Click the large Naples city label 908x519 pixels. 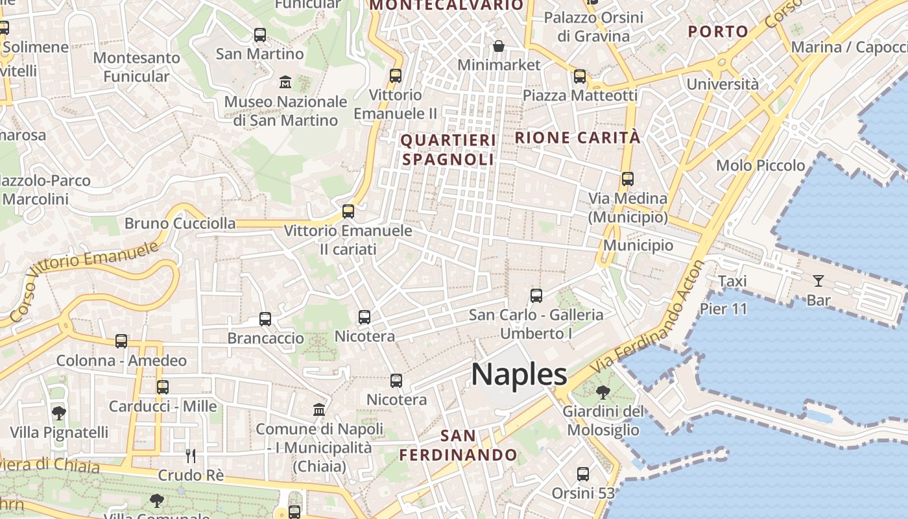pyautogui.click(x=519, y=375)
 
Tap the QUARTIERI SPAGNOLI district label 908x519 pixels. pyautogui.click(x=448, y=150)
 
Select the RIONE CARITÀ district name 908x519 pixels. pyautogui.click(x=577, y=138)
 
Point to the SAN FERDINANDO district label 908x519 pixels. pyautogui.click(x=458, y=445)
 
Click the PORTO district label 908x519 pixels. pyautogui.click(x=718, y=31)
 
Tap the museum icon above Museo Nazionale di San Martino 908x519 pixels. pyautogui.click(x=285, y=82)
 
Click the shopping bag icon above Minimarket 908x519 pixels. pyautogui.click(x=499, y=46)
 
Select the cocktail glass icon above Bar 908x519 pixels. pyautogui.click(x=818, y=281)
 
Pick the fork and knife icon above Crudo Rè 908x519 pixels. pyautogui.click(x=191, y=456)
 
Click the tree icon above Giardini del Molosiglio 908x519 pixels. pyautogui.click(x=603, y=392)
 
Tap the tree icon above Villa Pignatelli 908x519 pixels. pyautogui.click(x=59, y=413)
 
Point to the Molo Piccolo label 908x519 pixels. pyautogui.click(x=760, y=165)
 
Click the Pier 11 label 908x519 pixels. pyautogui.click(x=723, y=309)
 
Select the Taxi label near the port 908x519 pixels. pyautogui.click(x=732, y=281)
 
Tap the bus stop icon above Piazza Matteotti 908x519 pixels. pyautogui.click(x=580, y=77)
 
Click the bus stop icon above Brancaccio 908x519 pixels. pyautogui.click(x=265, y=319)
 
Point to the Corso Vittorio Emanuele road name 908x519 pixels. pyautogui.click(x=84, y=282)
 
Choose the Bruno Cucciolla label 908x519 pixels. pyautogui.click(x=180, y=223)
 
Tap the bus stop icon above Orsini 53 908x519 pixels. pyautogui.click(x=583, y=474)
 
